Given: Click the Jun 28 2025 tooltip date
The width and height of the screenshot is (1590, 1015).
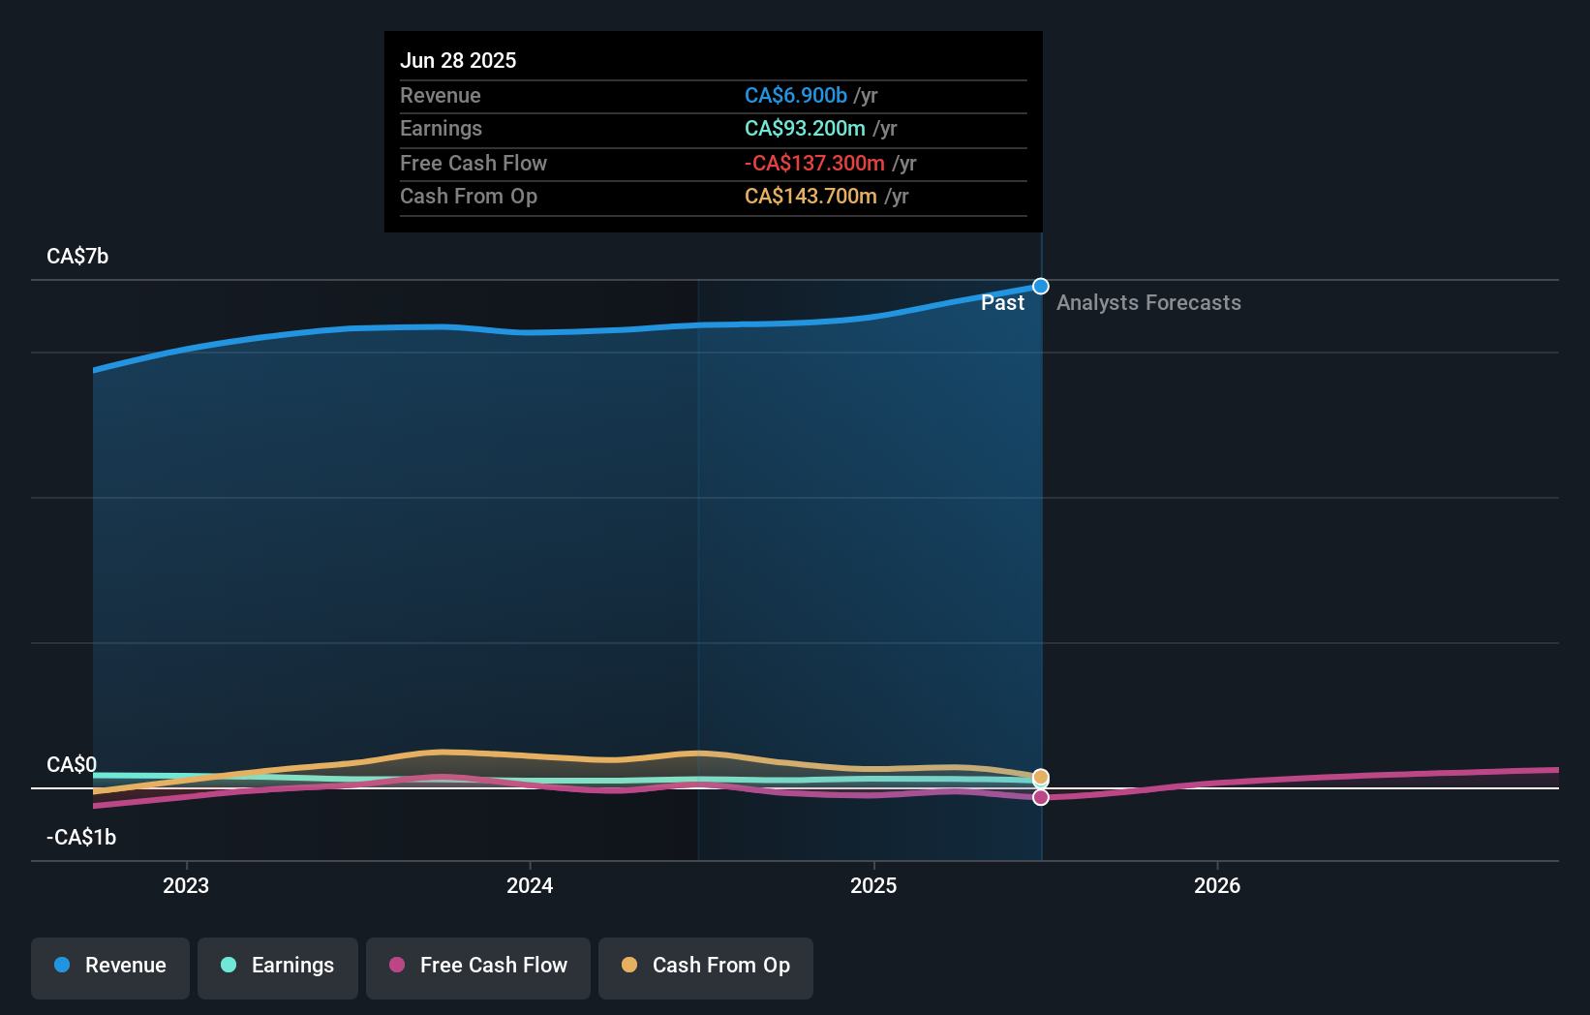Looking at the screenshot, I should coord(458,60).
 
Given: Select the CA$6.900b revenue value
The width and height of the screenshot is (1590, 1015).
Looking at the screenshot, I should coord(795,95).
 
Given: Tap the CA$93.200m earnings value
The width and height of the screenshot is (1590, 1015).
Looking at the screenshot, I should coord(804,129).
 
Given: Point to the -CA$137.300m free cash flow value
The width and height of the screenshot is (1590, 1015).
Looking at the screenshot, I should coord(813,163).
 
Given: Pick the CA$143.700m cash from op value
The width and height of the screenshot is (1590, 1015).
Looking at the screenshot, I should coord(810,197).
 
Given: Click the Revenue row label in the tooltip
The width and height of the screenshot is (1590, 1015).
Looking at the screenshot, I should coord(440,95).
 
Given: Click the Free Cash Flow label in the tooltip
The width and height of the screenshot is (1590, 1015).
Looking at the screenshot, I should coord(473,163).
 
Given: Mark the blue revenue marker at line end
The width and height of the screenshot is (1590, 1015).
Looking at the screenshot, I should coord(1040,286).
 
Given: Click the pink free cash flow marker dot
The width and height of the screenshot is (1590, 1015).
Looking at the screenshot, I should coord(1040,797).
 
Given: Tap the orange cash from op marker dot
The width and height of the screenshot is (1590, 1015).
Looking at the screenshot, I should coord(1040,777).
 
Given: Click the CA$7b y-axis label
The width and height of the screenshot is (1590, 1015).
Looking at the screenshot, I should coord(77,256).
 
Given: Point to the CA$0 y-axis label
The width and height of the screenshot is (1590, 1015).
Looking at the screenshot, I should coord(71,764).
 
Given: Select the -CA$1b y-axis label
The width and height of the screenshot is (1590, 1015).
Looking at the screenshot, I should coord(81,837).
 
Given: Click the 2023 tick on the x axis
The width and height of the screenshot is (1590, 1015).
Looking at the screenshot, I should coord(186,885).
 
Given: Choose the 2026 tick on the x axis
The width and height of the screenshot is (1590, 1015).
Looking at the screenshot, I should coord(1216,885).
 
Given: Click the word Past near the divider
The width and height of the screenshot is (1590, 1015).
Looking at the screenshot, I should coord(1002,302).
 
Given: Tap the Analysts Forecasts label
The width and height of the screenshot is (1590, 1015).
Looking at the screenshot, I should coord(1148,302).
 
